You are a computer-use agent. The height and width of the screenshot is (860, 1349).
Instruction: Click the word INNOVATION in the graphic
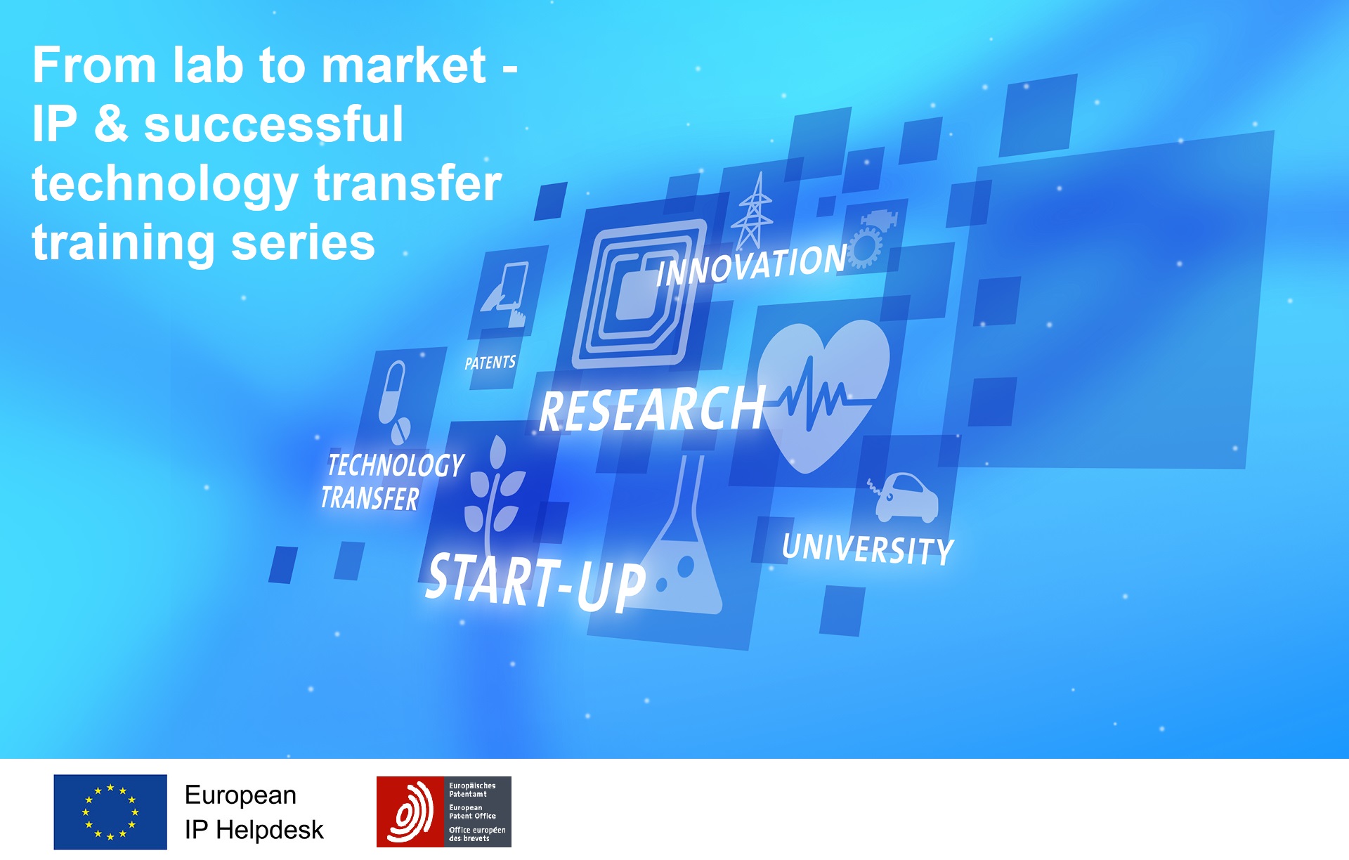[x=752, y=265]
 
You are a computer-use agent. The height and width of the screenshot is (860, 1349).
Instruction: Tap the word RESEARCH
[x=652, y=410]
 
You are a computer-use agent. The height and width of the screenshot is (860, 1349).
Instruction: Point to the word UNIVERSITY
[x=868, y=548]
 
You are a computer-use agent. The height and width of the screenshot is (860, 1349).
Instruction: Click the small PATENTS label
[x=490, y=363]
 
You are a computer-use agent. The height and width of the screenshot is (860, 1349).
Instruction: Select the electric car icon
[x=906, y=497]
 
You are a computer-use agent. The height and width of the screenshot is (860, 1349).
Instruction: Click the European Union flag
[x=110, y=812]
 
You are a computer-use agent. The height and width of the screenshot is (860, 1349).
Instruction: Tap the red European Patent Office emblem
[x=410, y=812]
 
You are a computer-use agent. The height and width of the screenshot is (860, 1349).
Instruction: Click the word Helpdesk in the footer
[x=270, y=830]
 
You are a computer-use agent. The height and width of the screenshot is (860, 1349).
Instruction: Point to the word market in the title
[x=404, y=65]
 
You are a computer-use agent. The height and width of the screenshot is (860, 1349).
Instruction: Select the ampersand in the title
[x=111, y=124]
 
